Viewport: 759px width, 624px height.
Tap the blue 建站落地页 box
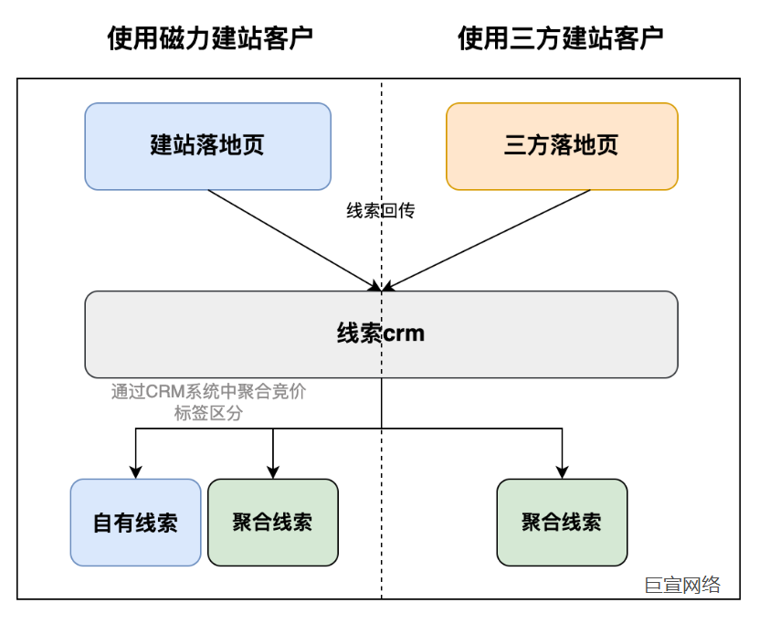207,146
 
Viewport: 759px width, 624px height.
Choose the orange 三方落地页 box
562,146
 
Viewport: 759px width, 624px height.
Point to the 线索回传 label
380,210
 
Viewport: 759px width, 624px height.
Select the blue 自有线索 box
135,523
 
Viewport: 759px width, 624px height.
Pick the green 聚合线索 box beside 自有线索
272,522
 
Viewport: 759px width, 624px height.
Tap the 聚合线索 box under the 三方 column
562,522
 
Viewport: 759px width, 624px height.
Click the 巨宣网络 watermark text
682,585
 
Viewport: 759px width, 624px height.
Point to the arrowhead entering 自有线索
136,471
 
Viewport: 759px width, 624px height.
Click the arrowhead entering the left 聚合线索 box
273,471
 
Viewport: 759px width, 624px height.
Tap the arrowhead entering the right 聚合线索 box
562,471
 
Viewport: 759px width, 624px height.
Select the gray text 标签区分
208,413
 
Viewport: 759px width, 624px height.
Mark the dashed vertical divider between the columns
382,548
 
